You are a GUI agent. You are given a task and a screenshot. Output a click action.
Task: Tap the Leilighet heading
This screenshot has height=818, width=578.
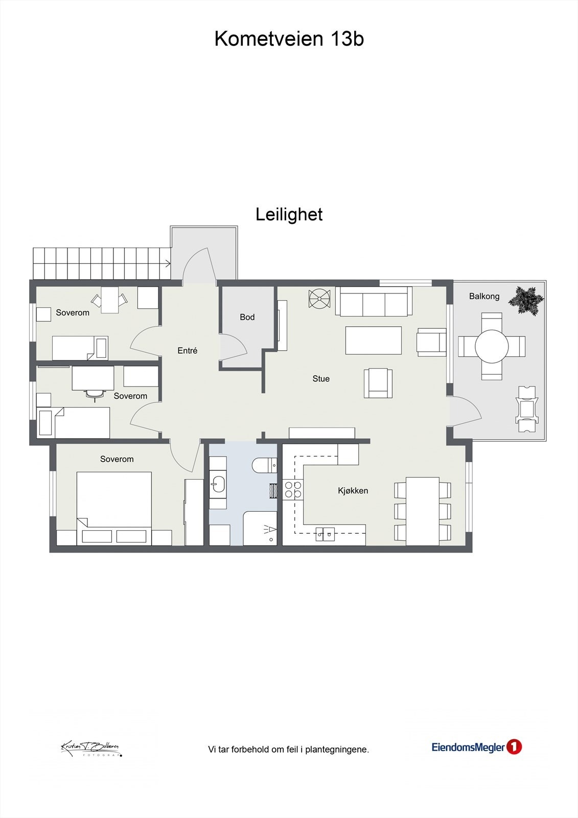pos(289,215)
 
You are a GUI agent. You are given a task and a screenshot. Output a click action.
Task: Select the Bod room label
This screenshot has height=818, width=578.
pos(247,317)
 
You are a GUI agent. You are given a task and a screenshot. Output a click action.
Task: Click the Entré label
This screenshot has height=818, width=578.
pos(187,351)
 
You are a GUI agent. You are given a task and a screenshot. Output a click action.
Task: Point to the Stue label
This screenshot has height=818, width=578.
pos(321,379)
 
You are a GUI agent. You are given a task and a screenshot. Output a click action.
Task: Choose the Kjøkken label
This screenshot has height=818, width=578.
pos(353,491)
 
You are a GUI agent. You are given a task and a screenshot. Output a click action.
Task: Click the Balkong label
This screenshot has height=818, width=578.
pos(484,297)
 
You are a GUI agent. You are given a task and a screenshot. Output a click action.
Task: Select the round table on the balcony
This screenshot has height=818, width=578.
pos(492,347)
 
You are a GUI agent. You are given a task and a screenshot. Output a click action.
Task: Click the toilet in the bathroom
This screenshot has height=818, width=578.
pos(263,465)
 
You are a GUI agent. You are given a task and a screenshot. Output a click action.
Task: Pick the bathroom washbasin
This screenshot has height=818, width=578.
pos(218,483)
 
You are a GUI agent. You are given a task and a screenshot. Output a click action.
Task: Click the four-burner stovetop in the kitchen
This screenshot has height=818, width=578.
pos(293,489)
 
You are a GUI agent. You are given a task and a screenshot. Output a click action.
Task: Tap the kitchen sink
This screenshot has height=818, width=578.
pos(325,534)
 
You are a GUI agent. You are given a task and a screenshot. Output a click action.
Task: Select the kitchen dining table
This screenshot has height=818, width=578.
pos(423,511)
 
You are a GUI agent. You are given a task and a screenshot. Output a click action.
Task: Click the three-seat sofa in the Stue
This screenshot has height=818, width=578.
pos(374,302)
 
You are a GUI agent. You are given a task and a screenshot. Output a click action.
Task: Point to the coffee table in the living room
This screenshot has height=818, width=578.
pos(373,340)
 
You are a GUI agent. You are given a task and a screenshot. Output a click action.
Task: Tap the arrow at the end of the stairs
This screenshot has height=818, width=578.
pos(167,264)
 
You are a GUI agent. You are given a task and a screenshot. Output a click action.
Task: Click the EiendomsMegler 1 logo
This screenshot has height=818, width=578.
pos(476,747)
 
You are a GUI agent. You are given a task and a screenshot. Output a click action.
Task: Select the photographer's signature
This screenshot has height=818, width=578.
pos(91,748)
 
